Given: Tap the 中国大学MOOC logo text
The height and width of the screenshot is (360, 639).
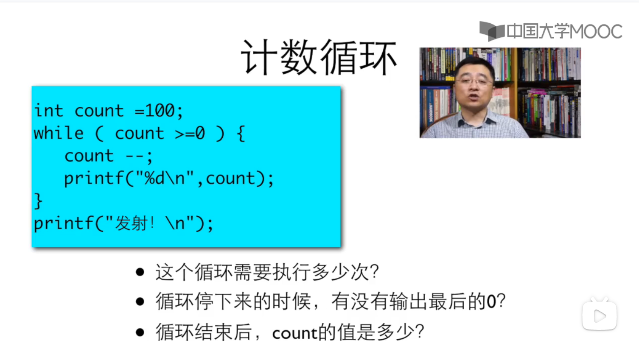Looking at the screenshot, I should pyautogui.click(x=564, y=31).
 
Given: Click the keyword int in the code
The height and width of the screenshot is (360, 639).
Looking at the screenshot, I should pyautogui.click(x=48, y=111).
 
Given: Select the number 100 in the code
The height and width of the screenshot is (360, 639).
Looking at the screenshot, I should pyautogui.click(x=160, y=111).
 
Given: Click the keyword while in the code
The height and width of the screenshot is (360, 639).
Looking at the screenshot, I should pyautogui.click(x=59, y=133).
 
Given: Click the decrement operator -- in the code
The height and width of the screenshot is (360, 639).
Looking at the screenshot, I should pyautogui.click(x=135, y=156).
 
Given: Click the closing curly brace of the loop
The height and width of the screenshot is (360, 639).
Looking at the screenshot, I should pyautogui.click(x=38, y=201).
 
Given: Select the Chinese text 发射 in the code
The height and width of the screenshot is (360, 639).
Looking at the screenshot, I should pyautogui.click(x=131, y=223).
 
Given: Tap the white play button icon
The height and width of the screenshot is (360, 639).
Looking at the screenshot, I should pyautogui.click(x=599, y=315).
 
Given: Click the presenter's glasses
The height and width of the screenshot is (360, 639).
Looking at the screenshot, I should pyautogui.click(x=474, y=82).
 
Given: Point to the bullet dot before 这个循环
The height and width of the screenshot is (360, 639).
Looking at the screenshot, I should pyautogui.click(x=140, y=272).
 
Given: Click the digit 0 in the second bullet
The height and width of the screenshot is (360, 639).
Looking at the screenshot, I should pyautogui.click(x=491, y=302).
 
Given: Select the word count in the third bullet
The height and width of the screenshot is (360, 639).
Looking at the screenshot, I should pyautogui.click(x=294, y=333).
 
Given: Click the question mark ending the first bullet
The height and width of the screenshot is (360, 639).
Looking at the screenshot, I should pyautogui.click(x=374, y=272).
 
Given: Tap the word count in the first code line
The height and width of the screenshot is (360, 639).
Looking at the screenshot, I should pyautogui.click(x=99, y=111).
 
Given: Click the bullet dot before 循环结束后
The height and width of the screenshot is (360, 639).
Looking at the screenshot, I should pyautogui.click(x=140, y=332).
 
